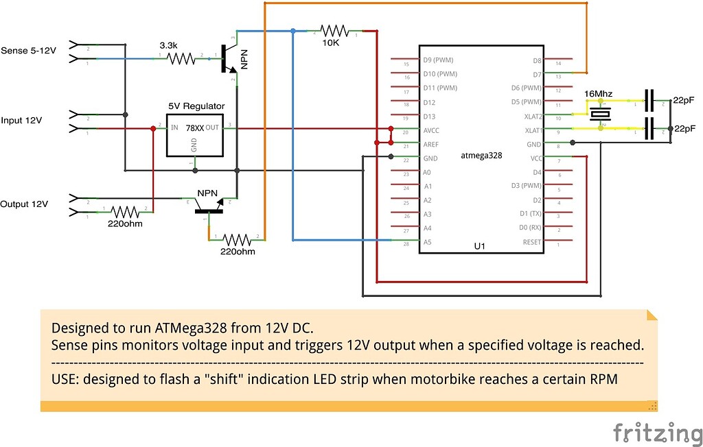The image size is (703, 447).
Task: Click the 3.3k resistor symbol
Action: (182, 59)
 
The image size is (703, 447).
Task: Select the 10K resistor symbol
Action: (334, 31)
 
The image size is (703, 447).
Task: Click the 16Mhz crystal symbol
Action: (601, 114)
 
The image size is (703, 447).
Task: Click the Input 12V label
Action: (21, 121)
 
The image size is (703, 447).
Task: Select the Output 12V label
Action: (24, 204)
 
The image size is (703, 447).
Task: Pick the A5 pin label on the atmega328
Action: (428, 242)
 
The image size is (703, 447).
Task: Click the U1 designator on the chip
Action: (480, 245)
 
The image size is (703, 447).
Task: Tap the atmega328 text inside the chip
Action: (481, 156)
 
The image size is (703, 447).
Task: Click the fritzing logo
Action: (656, 432)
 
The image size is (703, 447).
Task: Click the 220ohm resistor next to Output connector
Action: (126, 211)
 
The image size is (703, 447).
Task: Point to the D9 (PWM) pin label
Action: (443, 60)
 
